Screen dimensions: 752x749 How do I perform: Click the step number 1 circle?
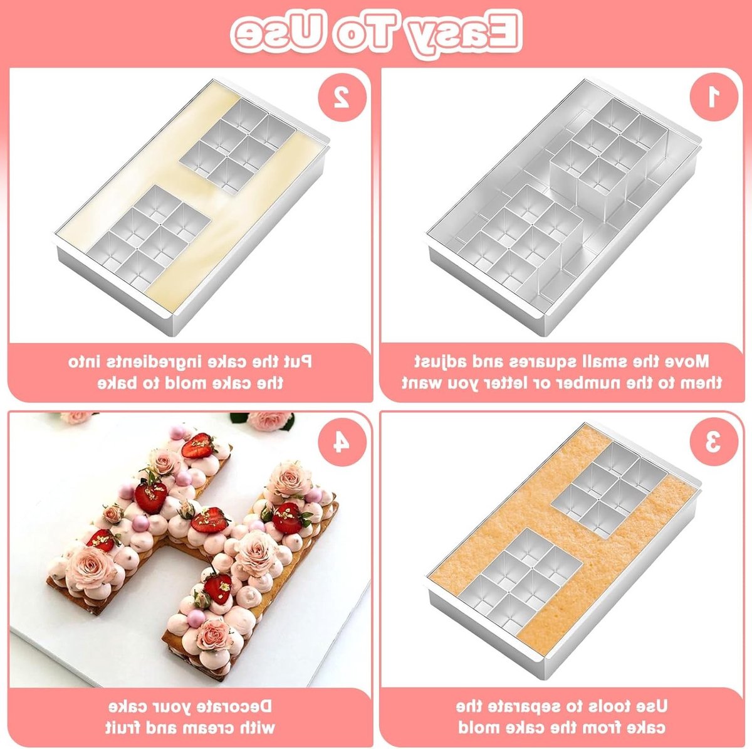[713, 97]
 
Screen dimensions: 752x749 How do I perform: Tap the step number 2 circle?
[342, 97]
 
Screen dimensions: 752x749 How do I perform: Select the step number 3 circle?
[713, 442]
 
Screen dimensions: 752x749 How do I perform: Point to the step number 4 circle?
[342, 442]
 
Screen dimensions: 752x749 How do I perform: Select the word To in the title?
[363, 35]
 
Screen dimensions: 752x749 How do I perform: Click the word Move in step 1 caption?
[686, 361]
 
